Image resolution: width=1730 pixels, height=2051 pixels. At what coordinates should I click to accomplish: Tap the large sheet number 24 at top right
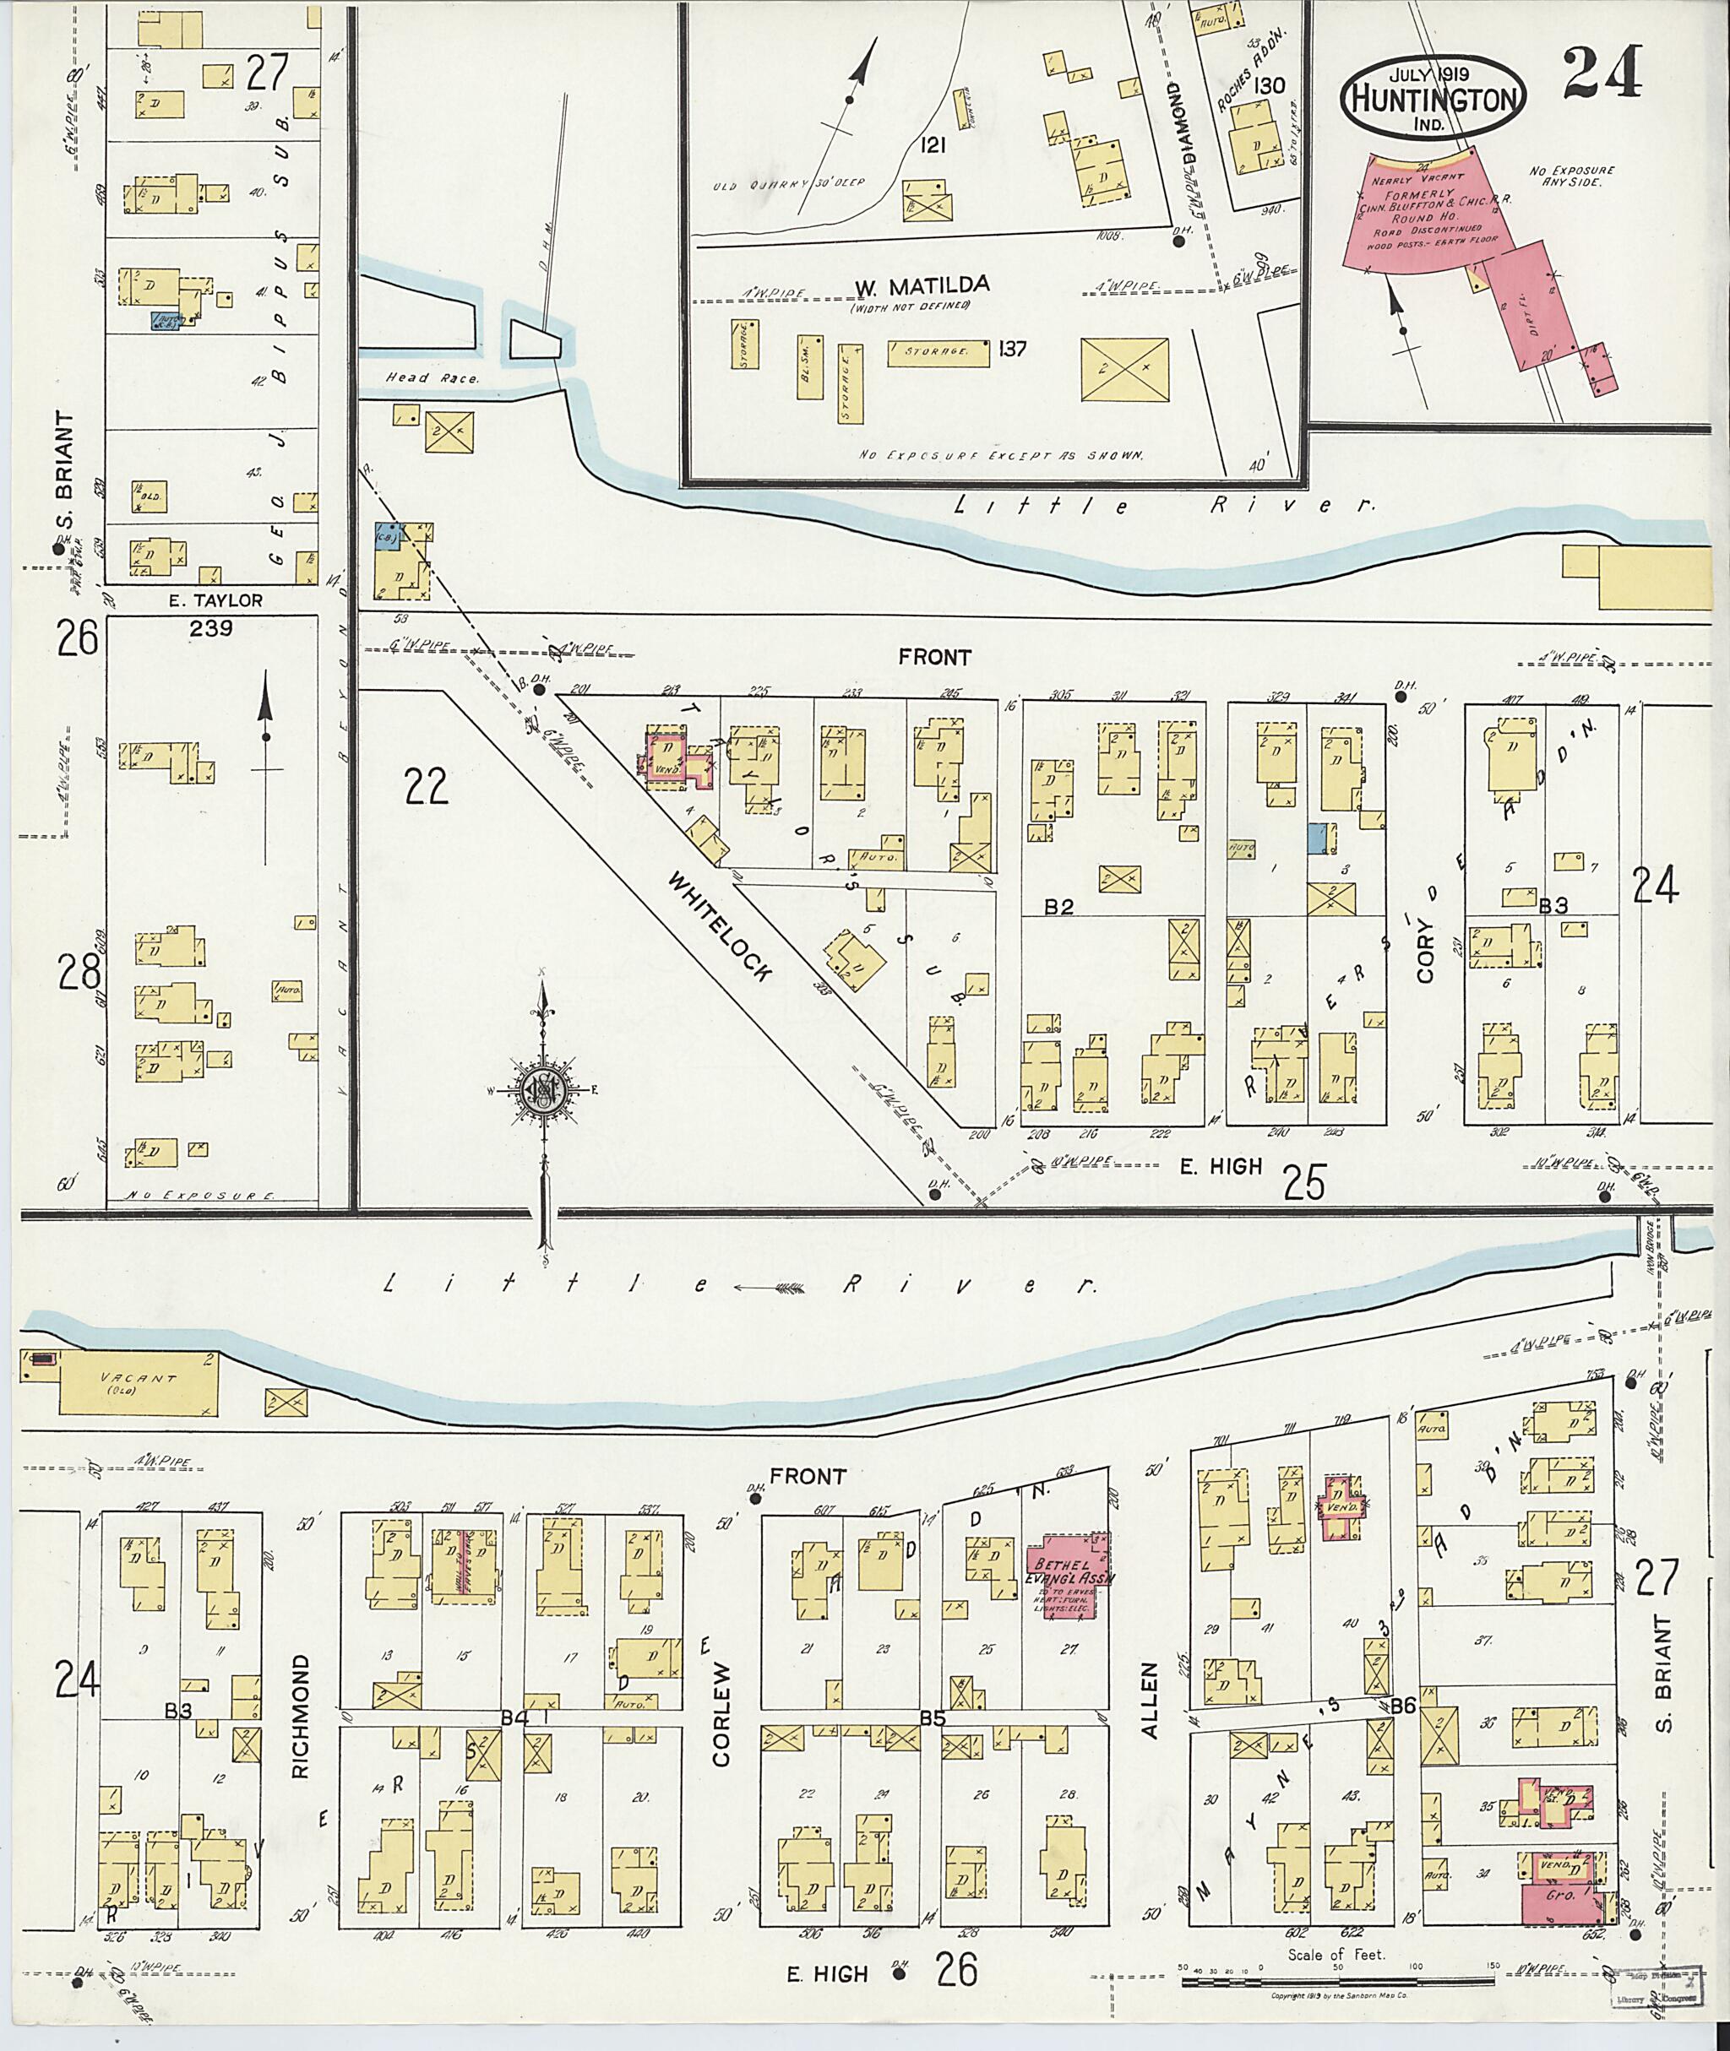point(1602,73)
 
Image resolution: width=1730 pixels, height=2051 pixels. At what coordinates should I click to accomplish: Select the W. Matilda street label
point(921,285)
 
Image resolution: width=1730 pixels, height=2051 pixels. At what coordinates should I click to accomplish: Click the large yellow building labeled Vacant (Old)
point(138,1383)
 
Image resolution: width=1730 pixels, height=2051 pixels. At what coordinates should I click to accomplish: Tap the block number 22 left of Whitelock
point(425,785)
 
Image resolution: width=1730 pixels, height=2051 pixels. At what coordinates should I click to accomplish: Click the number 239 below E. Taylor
point(211,628)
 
